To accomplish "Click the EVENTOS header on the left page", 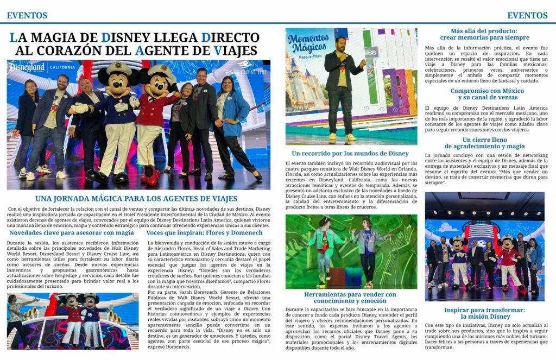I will [27, 15].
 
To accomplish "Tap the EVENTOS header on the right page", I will [527, 15].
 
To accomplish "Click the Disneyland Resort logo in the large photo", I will [27, 69].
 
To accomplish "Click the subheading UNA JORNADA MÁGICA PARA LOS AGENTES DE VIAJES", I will [136, 198].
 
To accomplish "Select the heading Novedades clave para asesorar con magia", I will [71, 232].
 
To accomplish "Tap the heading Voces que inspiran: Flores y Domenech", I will [205, 232].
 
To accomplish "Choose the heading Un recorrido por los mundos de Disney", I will [350, 154].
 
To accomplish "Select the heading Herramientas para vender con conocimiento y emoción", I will [350, 298].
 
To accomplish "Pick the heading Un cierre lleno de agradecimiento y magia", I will [485, 143].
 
